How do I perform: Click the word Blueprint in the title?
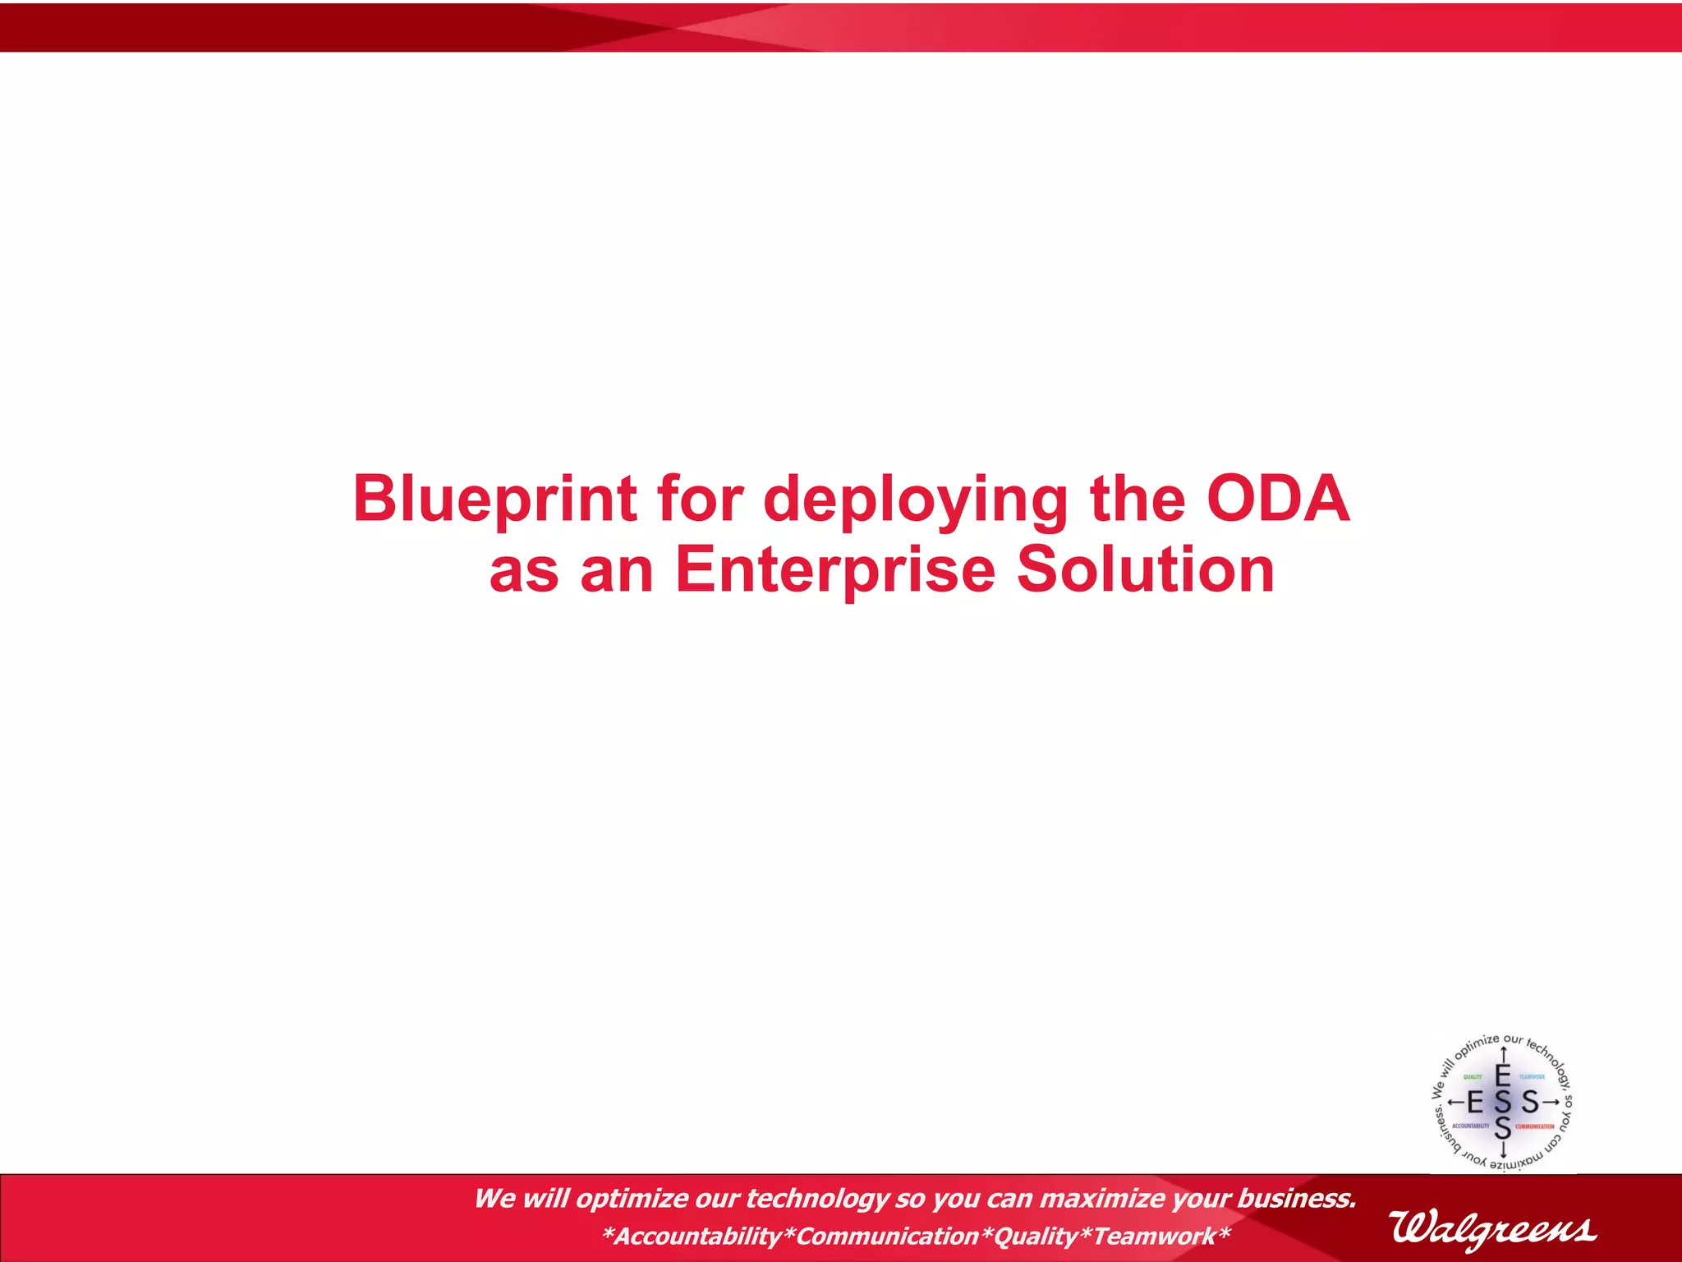tap(494, 499)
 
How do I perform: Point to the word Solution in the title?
tap(1145, 570)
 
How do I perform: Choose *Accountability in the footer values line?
tap(692, 1237)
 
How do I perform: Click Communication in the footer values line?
tap(887, 1237)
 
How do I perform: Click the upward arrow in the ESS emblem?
tap(1503, 1054)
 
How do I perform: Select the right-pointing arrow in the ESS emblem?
tap(1551, 1102)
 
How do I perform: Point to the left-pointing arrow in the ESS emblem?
tap(1455, 1102)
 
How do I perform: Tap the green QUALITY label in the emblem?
tap(1473, 1077)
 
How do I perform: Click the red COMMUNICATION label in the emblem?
tap(1535, 1126)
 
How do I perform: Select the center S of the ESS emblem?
tap(1503, 1102)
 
